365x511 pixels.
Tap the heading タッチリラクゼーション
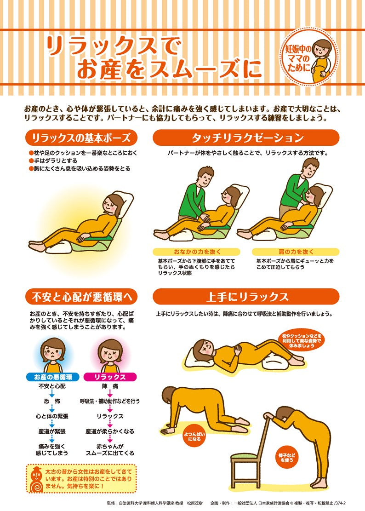point(247,138)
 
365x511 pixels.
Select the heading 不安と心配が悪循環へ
point(82,296)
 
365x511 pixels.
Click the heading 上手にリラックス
point(247,296)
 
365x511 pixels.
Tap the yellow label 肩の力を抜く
point(296,252)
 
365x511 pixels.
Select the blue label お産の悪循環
point(53,377)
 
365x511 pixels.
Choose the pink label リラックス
point(110,377)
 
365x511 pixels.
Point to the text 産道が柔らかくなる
point(110,431)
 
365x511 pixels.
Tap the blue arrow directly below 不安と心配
point(52,394)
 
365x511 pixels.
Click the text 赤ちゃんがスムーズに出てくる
point(110,449)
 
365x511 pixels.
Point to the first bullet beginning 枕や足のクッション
point(83,152)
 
